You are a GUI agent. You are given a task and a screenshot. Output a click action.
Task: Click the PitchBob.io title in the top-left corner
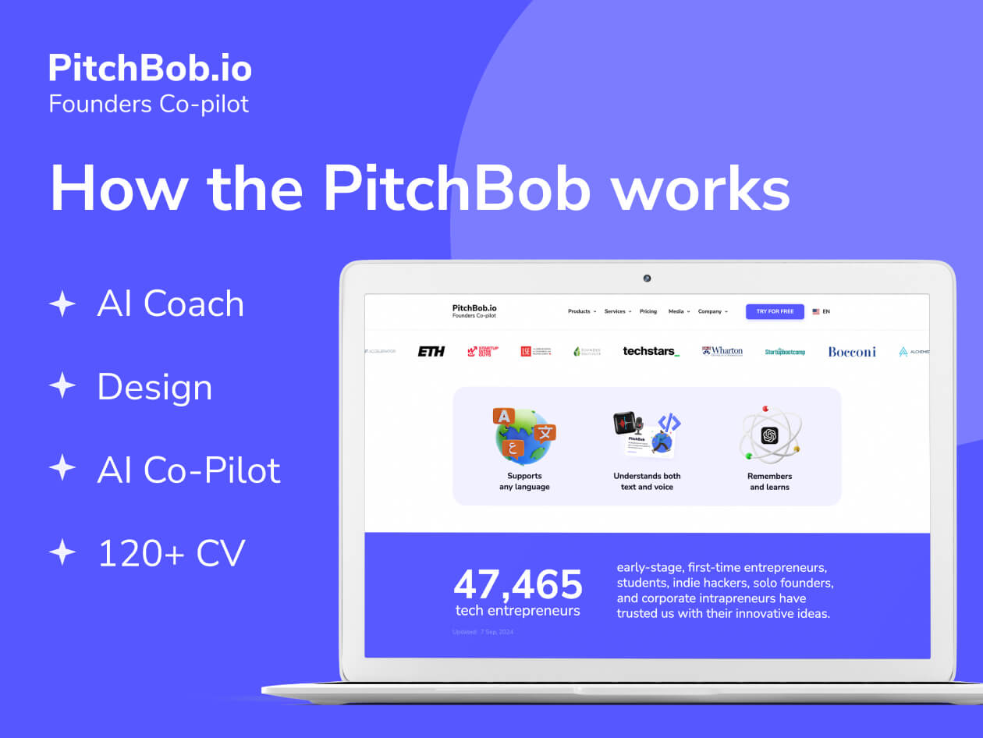(150, 69)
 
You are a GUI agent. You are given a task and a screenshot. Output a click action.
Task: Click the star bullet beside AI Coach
(62, 303)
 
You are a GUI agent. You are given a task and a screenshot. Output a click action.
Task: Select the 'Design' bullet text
(154, 387)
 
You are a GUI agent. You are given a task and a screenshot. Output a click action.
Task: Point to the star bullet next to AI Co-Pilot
(62, 469)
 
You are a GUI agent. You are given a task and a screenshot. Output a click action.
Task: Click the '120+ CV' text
(171, 553)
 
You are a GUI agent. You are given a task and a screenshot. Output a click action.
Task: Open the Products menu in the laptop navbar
(581, 311)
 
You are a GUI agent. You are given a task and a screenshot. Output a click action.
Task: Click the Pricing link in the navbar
(648, 311)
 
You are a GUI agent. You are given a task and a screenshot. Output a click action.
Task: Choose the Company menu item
(712, 311)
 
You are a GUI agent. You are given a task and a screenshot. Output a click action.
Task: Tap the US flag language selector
(816, 311)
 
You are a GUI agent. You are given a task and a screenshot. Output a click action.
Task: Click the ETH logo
(431, 352)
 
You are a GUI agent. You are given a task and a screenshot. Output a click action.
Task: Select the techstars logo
(651, 352)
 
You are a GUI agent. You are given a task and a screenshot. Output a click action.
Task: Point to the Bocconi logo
(852, 352)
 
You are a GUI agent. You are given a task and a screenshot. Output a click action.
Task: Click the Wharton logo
(722, 352)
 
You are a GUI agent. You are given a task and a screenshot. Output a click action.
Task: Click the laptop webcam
(647, 279)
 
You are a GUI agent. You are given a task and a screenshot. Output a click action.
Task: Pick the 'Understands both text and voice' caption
(647, 481)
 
